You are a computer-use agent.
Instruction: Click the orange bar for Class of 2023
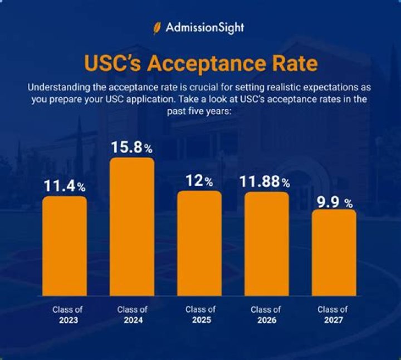pyautogui.click(x=65, y=246)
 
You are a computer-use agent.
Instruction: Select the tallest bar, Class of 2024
pyautogui.click(x=132, y=226)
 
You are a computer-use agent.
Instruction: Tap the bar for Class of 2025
pyautogui.click(x=199, y=243)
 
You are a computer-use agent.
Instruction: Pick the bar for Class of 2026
pyautogui.click(x=266, y=244)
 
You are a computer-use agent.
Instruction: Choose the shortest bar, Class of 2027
pyautogui.click(x=334, y=253)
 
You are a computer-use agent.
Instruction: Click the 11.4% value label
pyautogui.click(x=65, y=186)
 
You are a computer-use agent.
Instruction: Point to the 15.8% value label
pyautogui.click(x=132, y=148)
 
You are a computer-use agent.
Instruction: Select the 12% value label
pyautogui.click(x=199, y=181)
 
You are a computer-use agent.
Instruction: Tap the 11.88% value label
pyautogui.click(x=266, y=182)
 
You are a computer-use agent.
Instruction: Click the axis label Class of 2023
pyautogui.click(x=66, y=314)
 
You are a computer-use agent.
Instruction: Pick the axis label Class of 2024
pyautogui.click(x=133, y=314)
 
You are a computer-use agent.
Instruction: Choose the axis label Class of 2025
pyautogui.click(x=200, y=314)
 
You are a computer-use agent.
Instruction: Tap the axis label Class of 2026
pyautogui.click(x=266, y=314)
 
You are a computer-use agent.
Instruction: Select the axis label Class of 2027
pyautogui.click(x=332, y=314)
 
